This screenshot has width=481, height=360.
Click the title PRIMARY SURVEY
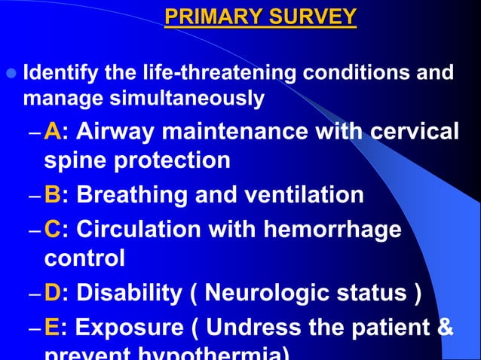[x=261, y=16]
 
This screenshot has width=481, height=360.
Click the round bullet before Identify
[x=10, y=74]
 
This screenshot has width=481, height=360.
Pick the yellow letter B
[x=52, y=195]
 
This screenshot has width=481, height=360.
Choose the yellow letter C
[x=53, y=227]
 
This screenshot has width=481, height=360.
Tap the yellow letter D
[x=53, y=292]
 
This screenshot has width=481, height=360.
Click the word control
[x=84, y=259]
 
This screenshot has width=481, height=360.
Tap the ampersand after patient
[x=445, y=328]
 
